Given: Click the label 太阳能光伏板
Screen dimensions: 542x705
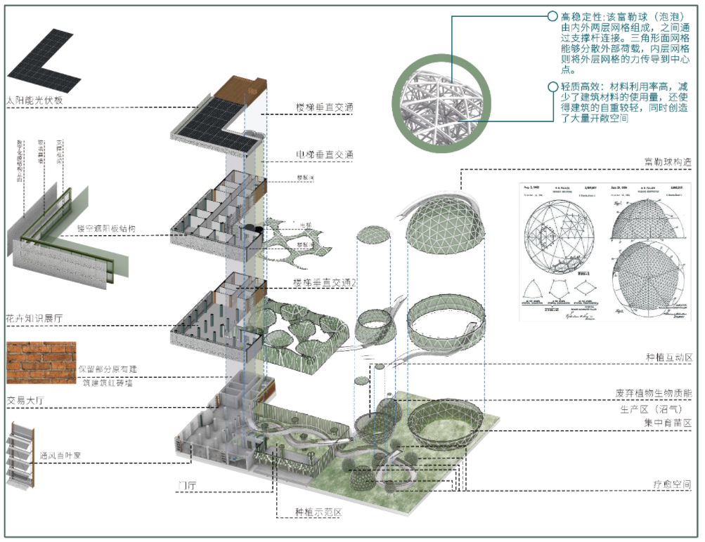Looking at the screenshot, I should coord(36,100).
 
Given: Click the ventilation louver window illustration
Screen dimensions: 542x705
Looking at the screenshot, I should coord(21,457).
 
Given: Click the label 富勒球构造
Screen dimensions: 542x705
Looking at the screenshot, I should coord(668,162).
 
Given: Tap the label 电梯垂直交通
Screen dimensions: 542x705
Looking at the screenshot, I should coord(325,154).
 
